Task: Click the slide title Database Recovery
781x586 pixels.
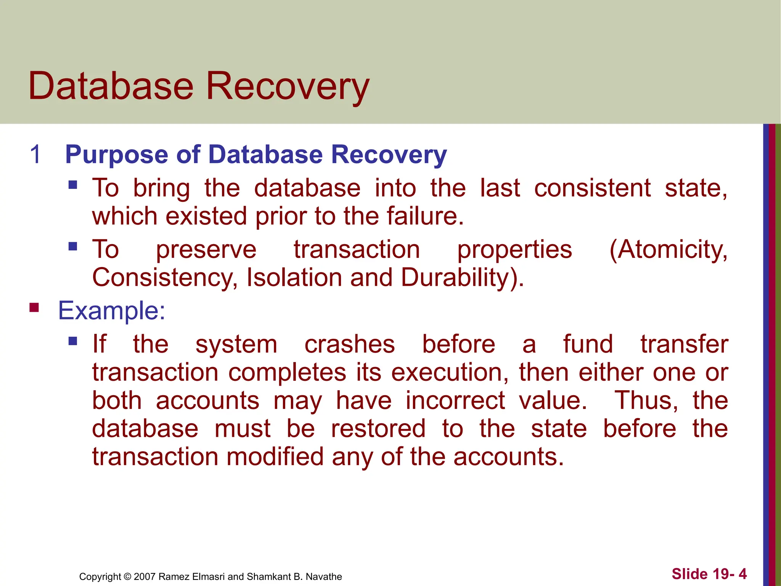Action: pos(199,86)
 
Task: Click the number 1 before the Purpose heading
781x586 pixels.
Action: pos(35,155)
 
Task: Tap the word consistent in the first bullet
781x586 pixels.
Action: pos(592,188)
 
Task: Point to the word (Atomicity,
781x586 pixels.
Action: pos(668,250)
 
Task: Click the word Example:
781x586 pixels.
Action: pos(111,311)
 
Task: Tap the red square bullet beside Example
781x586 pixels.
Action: pos(34,307)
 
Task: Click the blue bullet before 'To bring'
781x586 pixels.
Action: pos(73,185)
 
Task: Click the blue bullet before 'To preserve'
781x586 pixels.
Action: pos(73,246)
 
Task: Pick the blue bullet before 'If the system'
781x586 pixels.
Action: pos(73,341)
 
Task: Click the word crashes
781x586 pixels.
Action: pos(349,344)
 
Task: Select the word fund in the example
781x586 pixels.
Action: pos(588,344)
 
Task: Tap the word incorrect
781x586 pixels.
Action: pos(455,401)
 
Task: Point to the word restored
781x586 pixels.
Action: pos(378,428)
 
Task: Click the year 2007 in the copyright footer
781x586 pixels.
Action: pos(145,576)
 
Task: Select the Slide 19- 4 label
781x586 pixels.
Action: pos(709,574)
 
